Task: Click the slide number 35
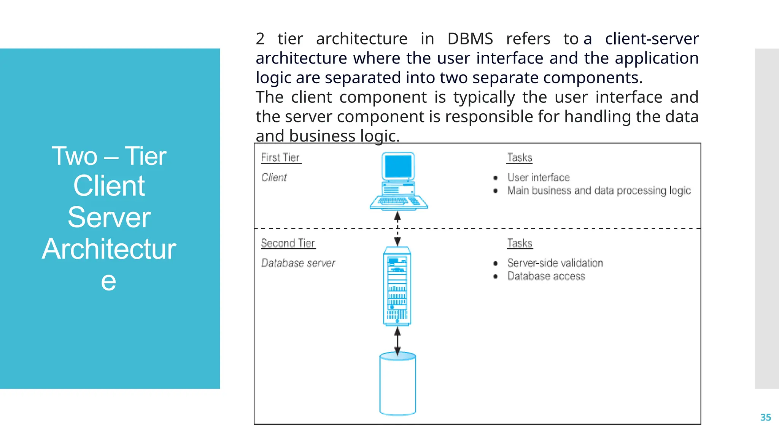(765, 417)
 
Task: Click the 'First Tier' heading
(280, 158)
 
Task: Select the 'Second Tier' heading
(288, 243)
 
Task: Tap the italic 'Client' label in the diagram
(274, 178)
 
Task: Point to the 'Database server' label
(298, 263)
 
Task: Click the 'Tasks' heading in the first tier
(520, 158)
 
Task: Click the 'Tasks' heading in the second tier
(520, 243)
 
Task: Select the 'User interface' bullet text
(538, 178)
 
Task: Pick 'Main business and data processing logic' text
(599, 190)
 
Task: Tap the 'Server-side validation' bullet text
(555, 263)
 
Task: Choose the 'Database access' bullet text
(546, 276)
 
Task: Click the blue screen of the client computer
(398, 167)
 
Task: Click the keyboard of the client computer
(398, 201)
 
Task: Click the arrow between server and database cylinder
(397, 341)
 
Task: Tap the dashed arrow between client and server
(397, 228)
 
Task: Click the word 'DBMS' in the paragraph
(470, 39)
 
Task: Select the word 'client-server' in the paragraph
(652, 39)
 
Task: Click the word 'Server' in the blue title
(109, 217)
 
